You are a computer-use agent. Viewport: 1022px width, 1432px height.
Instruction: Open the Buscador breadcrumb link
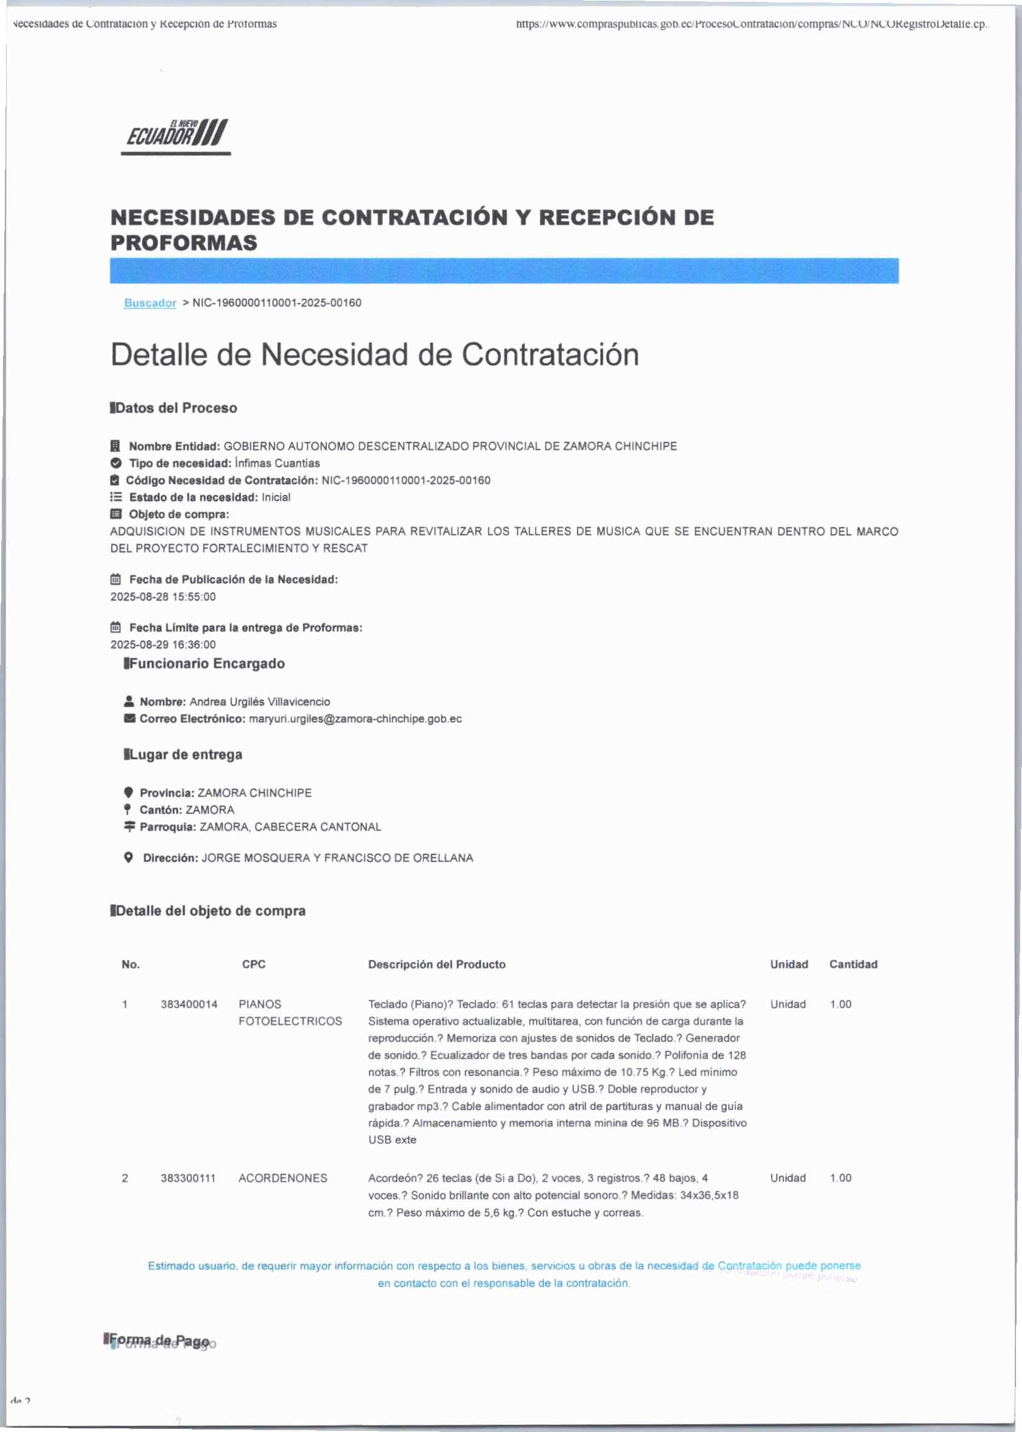click(150, 302)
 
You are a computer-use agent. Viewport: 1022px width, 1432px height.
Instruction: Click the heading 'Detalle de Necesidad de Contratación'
click(375, 355)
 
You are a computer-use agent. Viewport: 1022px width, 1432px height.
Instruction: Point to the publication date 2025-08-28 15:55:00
click(163, 596)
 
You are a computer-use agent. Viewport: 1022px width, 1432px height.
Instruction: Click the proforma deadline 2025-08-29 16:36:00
click(163, 644)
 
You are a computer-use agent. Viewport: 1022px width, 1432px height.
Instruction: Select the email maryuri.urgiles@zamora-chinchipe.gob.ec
click(355, 719)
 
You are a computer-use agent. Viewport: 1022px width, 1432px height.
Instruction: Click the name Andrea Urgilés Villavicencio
click(259, 702)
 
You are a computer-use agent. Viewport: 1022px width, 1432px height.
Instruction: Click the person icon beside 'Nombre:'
click(129, 701)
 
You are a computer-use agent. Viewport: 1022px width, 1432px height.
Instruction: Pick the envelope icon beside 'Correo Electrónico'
click(129, 719)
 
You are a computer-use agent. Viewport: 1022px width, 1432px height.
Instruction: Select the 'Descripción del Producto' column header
click(436, 964)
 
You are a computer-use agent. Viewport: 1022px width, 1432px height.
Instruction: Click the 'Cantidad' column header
click(853, 964)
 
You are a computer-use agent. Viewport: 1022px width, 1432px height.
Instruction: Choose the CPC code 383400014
click(189, 1004)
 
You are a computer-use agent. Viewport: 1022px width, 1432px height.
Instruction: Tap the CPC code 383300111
click(187, 1178)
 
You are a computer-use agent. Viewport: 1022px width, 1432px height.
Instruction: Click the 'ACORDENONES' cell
click(282, 1178)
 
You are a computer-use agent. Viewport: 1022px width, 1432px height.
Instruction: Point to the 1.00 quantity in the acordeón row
click(840, 1178)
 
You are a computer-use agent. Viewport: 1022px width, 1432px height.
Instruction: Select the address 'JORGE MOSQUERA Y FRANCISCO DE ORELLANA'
click(337, 858)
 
